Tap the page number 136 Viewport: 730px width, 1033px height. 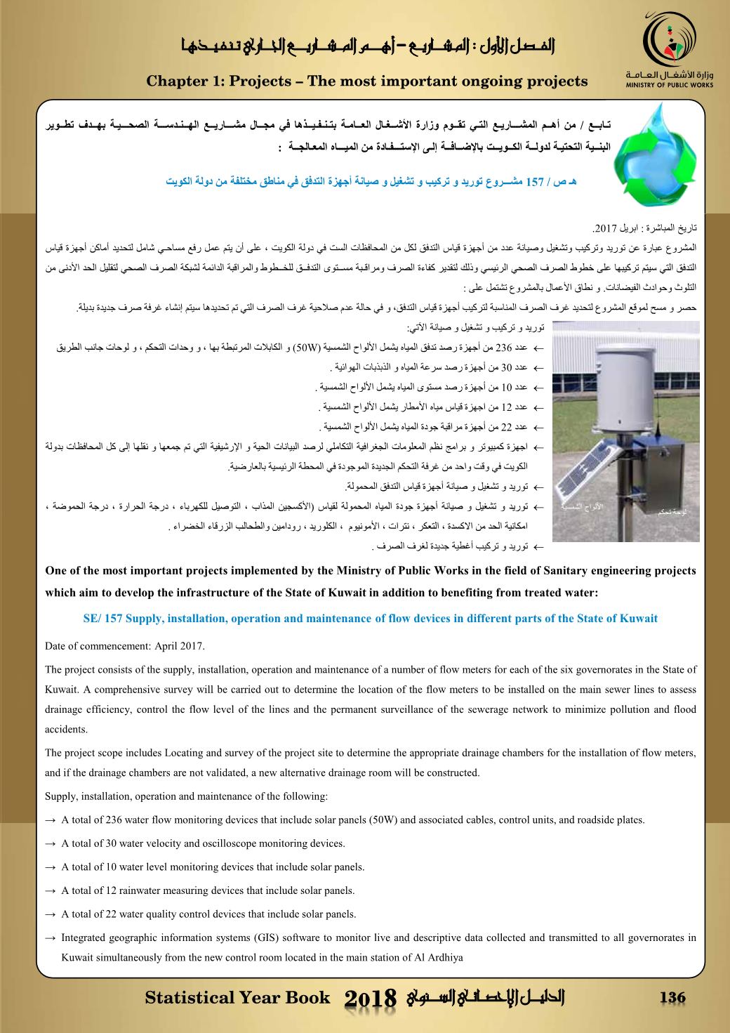(x=672, y=998)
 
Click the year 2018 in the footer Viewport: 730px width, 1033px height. (x=371, y=1000)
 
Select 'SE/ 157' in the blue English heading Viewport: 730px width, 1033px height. (x=103, y=619)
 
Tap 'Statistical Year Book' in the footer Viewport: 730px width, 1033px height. (x=237, y=998)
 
